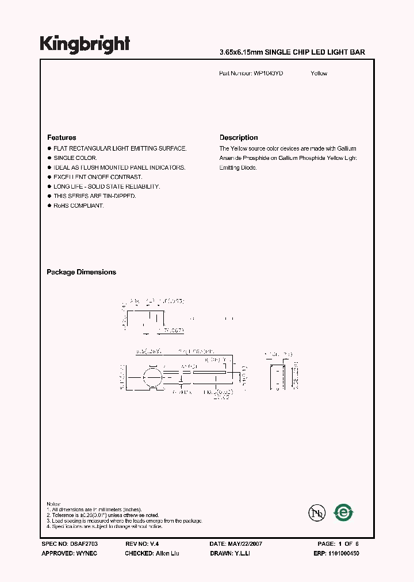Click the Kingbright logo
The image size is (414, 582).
pyautogui.click(x=85, y=44)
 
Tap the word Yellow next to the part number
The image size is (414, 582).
pyautogui.click(x=319, y=74)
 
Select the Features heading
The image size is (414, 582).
pyautogui.click(x=62, y=137)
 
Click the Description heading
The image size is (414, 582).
pyautogui.click(x=239, y=137)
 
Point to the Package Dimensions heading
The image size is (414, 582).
pyautogui.click(x=81, y=272)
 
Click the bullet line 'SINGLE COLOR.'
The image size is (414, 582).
pyautogui.click(x=75, y=158)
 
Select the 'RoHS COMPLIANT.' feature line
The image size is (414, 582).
pyautogui.click(x=78, y=206)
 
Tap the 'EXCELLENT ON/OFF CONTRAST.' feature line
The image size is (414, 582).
pyautogui.click(x=98, y=177)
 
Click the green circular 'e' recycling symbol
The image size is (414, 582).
pyautogui.click(x=344, y=512)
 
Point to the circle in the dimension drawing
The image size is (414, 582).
pyautogui.click(x=151, y=380)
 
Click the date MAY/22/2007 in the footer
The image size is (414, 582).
pyautogui.click(x=236, y=543)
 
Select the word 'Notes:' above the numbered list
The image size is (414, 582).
pyautogui.click(x=53, y=504)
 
